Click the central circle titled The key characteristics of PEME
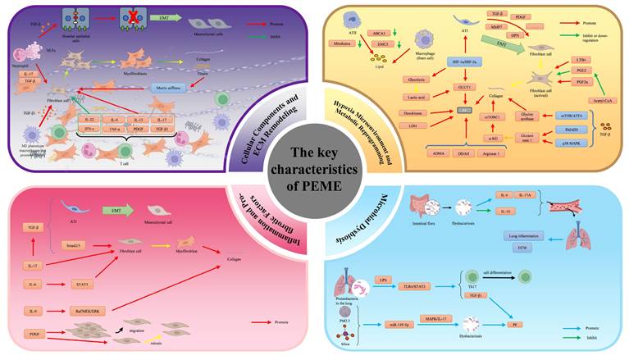click(x=314, y=180)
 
